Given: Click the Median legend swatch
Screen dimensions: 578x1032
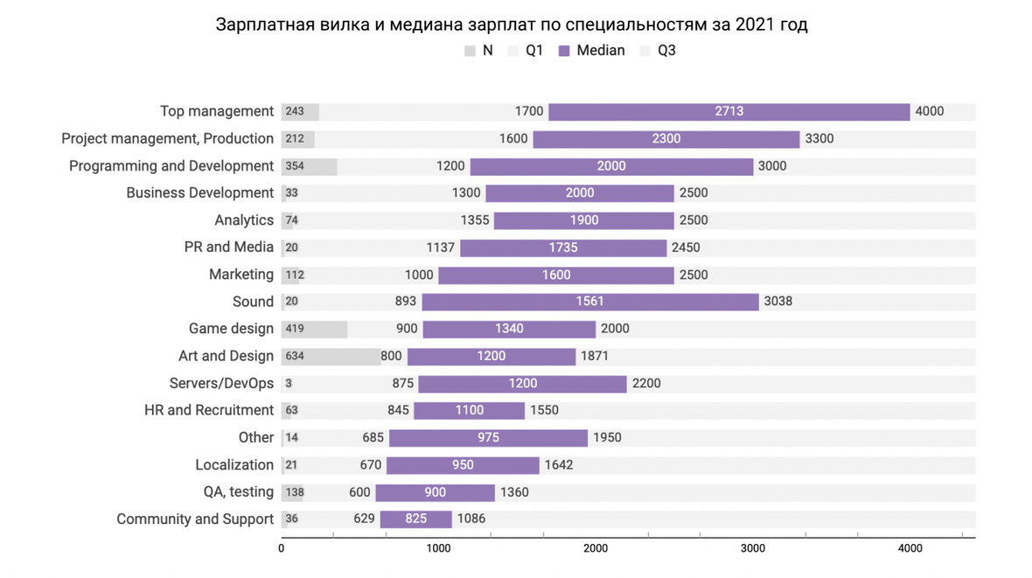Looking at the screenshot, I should (564, 52).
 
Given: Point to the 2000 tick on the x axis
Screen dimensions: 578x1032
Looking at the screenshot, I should (596, 548).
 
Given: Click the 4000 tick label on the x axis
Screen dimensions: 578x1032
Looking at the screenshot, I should (910, 548).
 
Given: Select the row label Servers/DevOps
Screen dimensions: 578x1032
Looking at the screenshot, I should (221, 383).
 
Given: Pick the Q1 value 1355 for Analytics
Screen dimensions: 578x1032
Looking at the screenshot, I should (475, 220).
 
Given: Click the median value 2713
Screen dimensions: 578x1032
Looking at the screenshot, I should (729, 112).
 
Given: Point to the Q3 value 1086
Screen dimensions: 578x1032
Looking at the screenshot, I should (471, 519).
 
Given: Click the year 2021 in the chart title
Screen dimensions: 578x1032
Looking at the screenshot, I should (753, 25).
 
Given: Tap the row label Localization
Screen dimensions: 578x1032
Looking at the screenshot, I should (234, 465).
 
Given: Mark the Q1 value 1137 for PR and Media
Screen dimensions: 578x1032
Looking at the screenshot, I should (440, 247).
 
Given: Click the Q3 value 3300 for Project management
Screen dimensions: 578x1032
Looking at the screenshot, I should (819, 139).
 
